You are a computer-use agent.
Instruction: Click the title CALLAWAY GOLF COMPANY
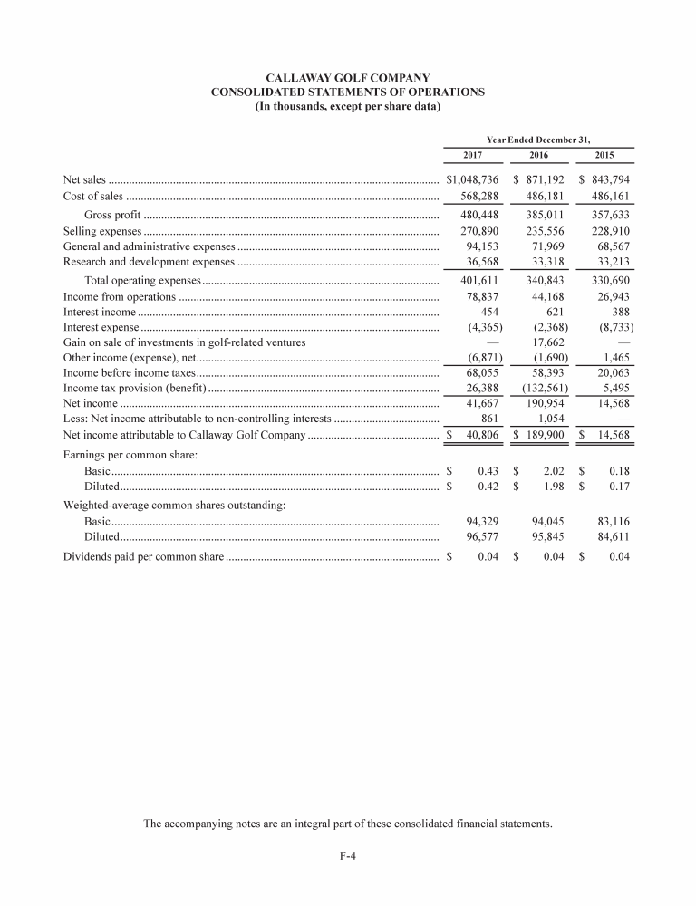347,79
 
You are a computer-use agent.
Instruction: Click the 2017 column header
472,156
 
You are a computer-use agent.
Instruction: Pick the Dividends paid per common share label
142,555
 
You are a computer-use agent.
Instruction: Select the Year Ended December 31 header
538,140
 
